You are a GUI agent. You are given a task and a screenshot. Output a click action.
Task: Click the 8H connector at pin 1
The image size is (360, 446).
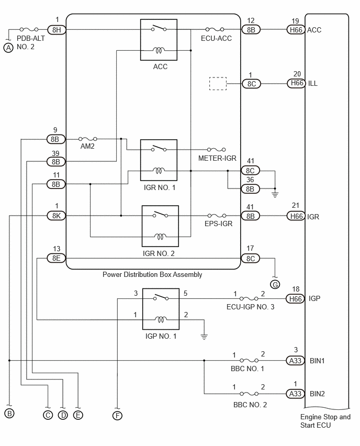(x=57, y=30)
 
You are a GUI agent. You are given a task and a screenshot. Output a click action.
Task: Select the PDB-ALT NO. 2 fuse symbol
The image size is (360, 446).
(x=29, y=29)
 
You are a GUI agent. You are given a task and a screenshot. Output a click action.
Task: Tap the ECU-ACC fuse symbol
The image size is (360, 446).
(x=215, y=29)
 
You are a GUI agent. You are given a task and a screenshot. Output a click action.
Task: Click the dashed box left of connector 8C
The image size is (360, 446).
(x=218, y=84)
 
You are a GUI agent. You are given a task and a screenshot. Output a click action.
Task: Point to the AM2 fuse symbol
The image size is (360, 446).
(x=87, y=139)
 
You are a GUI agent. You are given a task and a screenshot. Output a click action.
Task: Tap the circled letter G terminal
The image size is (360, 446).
(x=275, y=284)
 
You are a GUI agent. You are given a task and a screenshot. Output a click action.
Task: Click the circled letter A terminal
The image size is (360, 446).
(x=8, y=48)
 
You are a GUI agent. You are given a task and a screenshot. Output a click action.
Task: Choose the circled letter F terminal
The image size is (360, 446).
(x=117, y=416)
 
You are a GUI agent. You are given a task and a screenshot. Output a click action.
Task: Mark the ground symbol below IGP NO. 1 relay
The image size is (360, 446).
(x=204, y=337)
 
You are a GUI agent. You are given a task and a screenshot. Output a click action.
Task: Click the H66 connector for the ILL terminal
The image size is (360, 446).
(x=296, y=83)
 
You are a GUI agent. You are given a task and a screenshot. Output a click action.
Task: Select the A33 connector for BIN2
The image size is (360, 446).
(x=295, y=394)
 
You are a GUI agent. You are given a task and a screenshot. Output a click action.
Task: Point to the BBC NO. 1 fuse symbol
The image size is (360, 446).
(x=249, y=360)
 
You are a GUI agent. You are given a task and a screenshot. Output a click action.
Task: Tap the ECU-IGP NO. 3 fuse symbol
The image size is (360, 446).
(x=249, y=299)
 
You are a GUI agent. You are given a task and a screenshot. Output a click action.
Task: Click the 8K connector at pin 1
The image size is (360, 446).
(x=57, y=216)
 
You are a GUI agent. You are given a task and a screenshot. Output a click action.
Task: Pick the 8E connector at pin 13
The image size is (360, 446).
(x=56, y=258)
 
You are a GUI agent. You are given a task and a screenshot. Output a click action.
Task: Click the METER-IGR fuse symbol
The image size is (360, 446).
(x=217, y=149)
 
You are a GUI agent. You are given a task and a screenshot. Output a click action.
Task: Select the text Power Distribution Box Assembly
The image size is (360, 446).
(x=152, y=275)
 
